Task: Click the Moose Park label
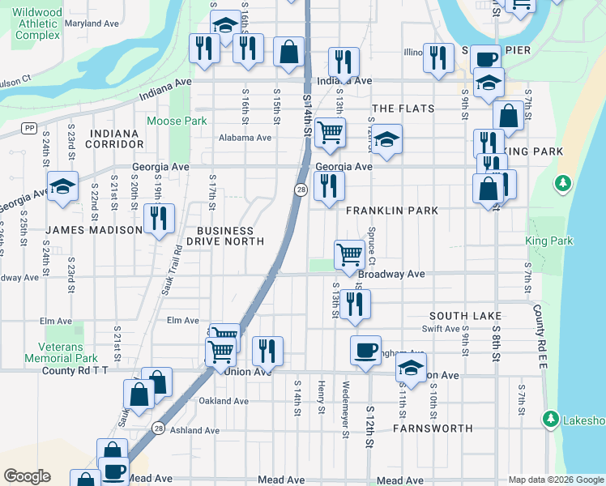177,122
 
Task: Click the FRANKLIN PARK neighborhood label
392,211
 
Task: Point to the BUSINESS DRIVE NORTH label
225,236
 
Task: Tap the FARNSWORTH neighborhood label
433,428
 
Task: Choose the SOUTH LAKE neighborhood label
466,316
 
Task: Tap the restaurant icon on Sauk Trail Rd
159,219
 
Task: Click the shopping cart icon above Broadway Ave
349,254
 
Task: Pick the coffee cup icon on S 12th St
365,350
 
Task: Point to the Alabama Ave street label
245,138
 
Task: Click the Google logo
27,476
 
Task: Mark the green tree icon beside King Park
562,185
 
